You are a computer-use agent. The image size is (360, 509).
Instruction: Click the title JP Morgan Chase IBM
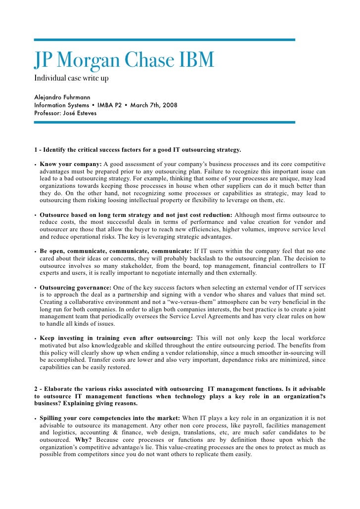(124, 60)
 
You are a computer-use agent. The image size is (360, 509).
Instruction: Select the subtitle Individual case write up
(71, 79)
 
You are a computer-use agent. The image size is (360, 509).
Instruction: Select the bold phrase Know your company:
(70, 164)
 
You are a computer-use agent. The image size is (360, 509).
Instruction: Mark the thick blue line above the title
(164, 40)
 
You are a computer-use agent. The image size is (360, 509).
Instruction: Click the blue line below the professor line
(164, 122)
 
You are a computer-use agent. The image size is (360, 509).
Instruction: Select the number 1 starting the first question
(36, 149)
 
